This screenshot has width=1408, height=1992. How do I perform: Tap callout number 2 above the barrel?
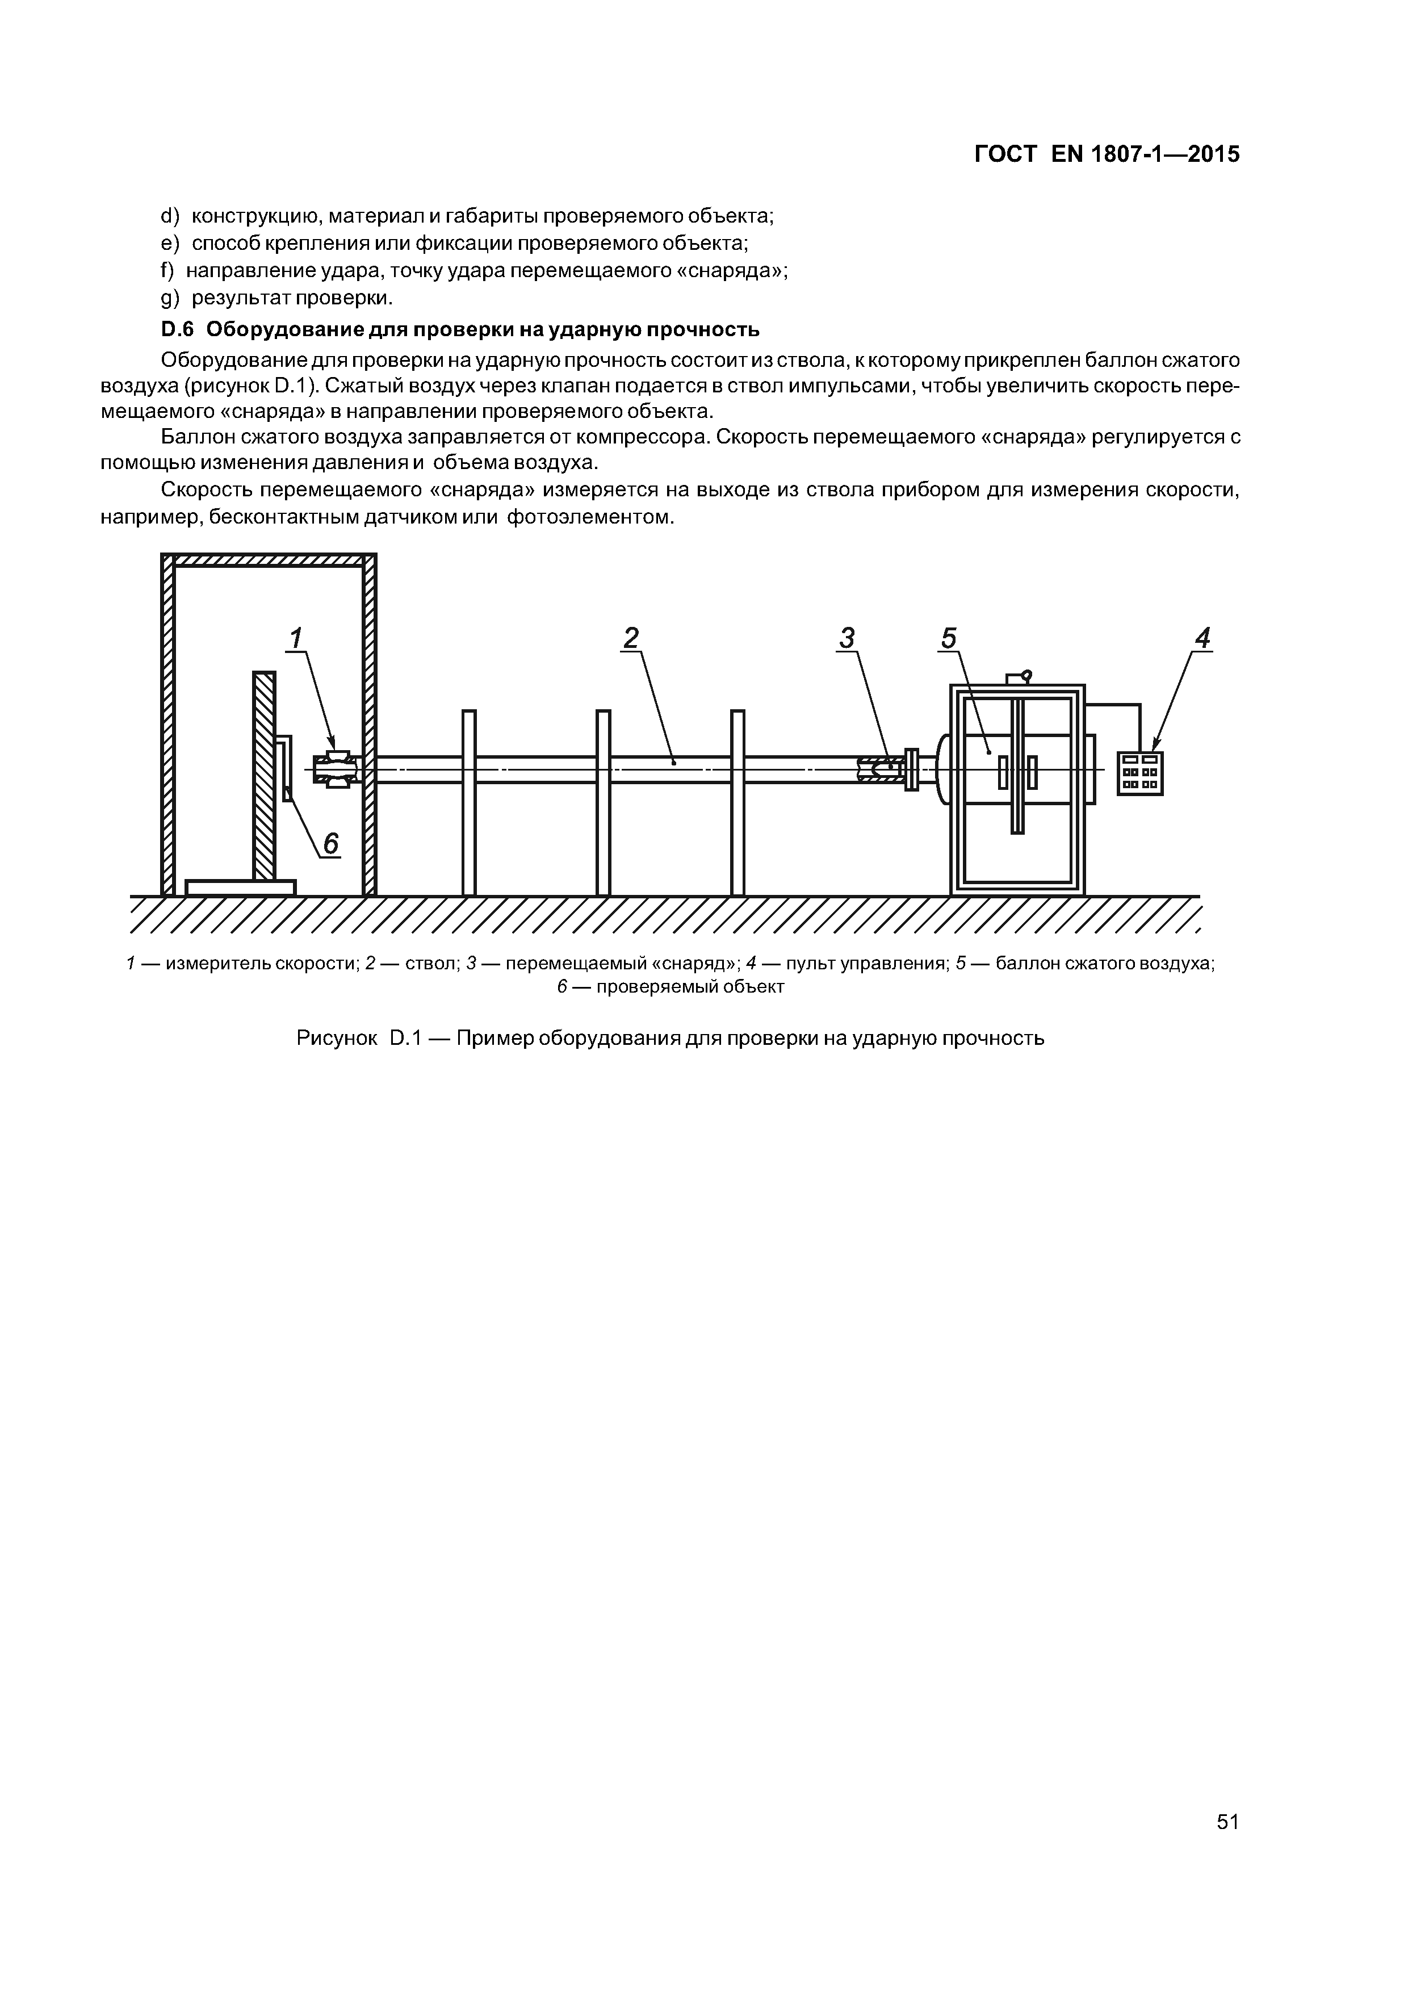pyautogui.click(x=631, y=639)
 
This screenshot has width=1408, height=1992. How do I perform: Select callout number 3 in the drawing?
pyautogui.click(x=847, y=639)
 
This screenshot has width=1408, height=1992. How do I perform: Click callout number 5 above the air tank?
pyautogui.click(x=948, y=639)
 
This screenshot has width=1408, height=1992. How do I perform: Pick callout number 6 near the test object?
pyautogui.click(x=330, y=843)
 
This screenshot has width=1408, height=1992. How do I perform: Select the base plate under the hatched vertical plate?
pyautogui.click(x=240, y=886)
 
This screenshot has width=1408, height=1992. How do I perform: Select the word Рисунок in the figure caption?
pyautogui.click(x=337, y=1037)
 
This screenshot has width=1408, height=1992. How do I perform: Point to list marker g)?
pyautogui.click(x=170, y=299)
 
